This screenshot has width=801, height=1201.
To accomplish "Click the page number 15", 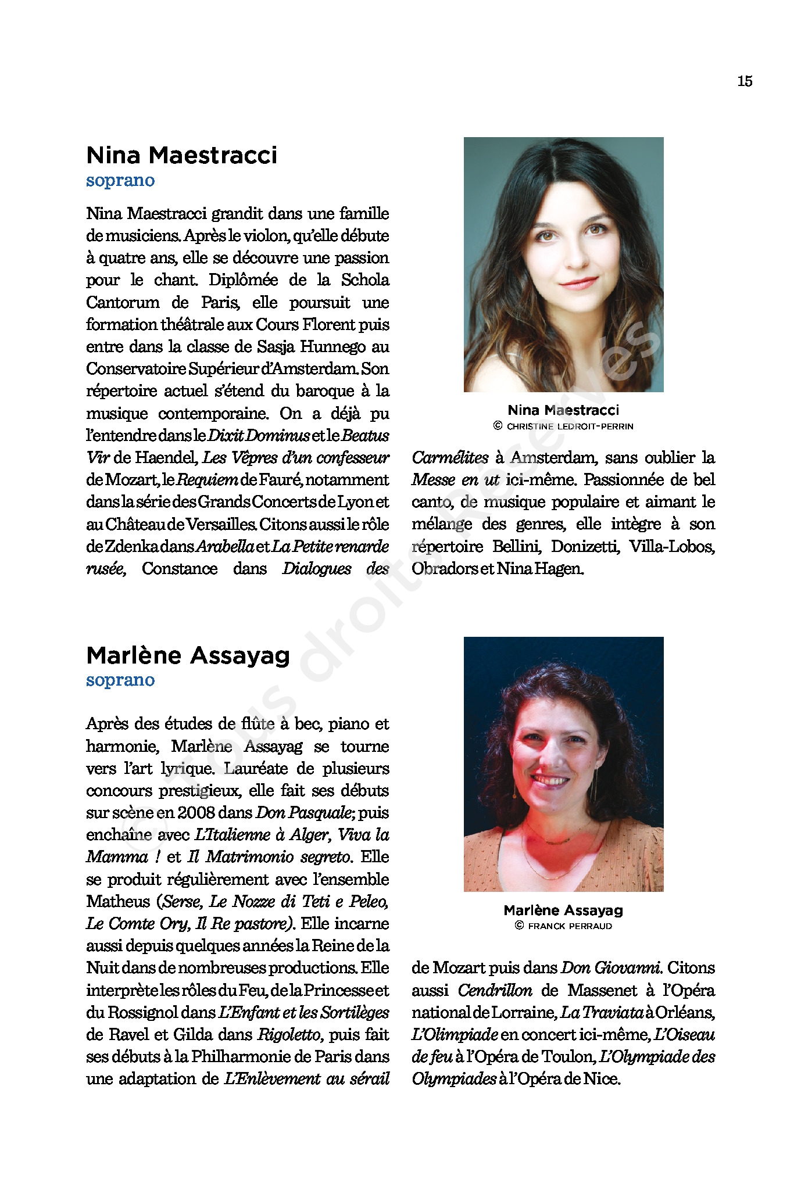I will click(x=745, y=81).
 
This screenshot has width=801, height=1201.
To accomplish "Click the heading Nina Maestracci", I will click(x=181, y=155).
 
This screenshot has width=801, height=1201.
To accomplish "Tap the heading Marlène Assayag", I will click(x=188, y=655).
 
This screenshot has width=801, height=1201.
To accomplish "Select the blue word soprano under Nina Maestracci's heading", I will click(x=120, y=180).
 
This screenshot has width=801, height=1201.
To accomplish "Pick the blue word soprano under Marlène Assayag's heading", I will click(x=120, y=680).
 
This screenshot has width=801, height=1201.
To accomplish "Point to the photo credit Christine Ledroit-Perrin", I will click(x=563, y=426).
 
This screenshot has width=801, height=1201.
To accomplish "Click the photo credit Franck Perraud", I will click(x=563, y=926).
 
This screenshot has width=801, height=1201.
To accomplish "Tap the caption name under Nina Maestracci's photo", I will click(x=563, y=410).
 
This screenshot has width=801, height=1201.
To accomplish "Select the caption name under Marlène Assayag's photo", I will click(x=563, y=910).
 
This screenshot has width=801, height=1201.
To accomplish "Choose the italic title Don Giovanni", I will click(x=610, y=968).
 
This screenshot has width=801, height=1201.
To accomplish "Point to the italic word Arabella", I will click(x=225, y=547).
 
